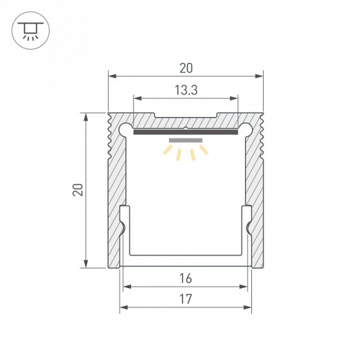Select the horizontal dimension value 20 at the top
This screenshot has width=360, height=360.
coord(186,68)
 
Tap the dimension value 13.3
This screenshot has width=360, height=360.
coord(186,89)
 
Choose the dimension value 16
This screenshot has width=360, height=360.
coord(186,278)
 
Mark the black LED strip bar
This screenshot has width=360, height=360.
coord(186,131)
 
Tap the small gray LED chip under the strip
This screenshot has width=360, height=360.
coord(186,138)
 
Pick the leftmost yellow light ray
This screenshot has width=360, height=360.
coord(168,148)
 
